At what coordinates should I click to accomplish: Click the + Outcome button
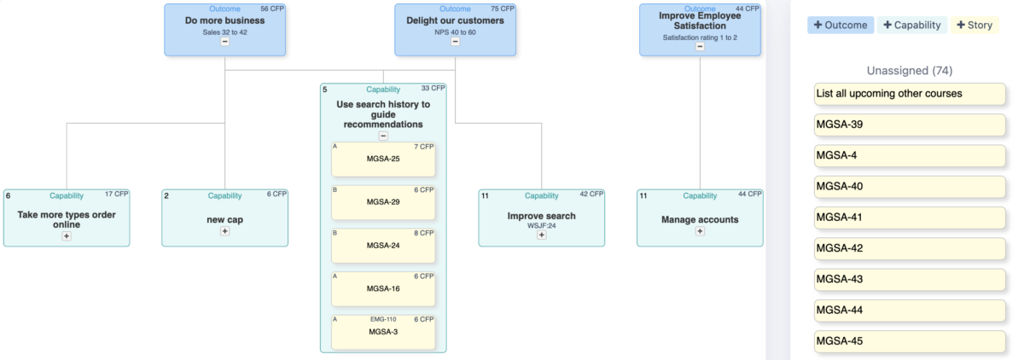(x=841, y=26)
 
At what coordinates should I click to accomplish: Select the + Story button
(x=975, y=26)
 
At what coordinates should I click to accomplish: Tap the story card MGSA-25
(x=383, y=159)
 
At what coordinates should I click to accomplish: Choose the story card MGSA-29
(x=383, y=202)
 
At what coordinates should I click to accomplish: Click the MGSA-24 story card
(x=383, y=245)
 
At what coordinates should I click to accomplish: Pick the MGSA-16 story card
(x=383, y=288)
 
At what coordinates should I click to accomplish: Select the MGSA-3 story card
(x=383, y=331)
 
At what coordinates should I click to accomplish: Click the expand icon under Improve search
(x=541, y=235)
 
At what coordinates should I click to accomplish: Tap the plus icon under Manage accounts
(x=700, y=231)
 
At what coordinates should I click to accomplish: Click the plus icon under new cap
(x=225, y=231)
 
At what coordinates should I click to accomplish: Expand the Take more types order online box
(x=67, y=236)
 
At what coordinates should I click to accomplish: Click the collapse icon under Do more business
(x=225, y=41)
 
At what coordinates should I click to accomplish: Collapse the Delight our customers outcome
(x=455, y=41)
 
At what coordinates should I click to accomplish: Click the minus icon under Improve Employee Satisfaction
(x=700, y=47)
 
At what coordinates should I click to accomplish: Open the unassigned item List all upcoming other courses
(x=910, y=94)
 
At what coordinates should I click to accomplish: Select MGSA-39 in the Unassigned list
(x=910, y=125)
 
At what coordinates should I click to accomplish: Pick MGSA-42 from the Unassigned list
(x=910, y=248)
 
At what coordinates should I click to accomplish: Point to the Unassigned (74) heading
(x=910, y=70)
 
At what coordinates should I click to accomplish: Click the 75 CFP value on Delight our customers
(x=503, y=9)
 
